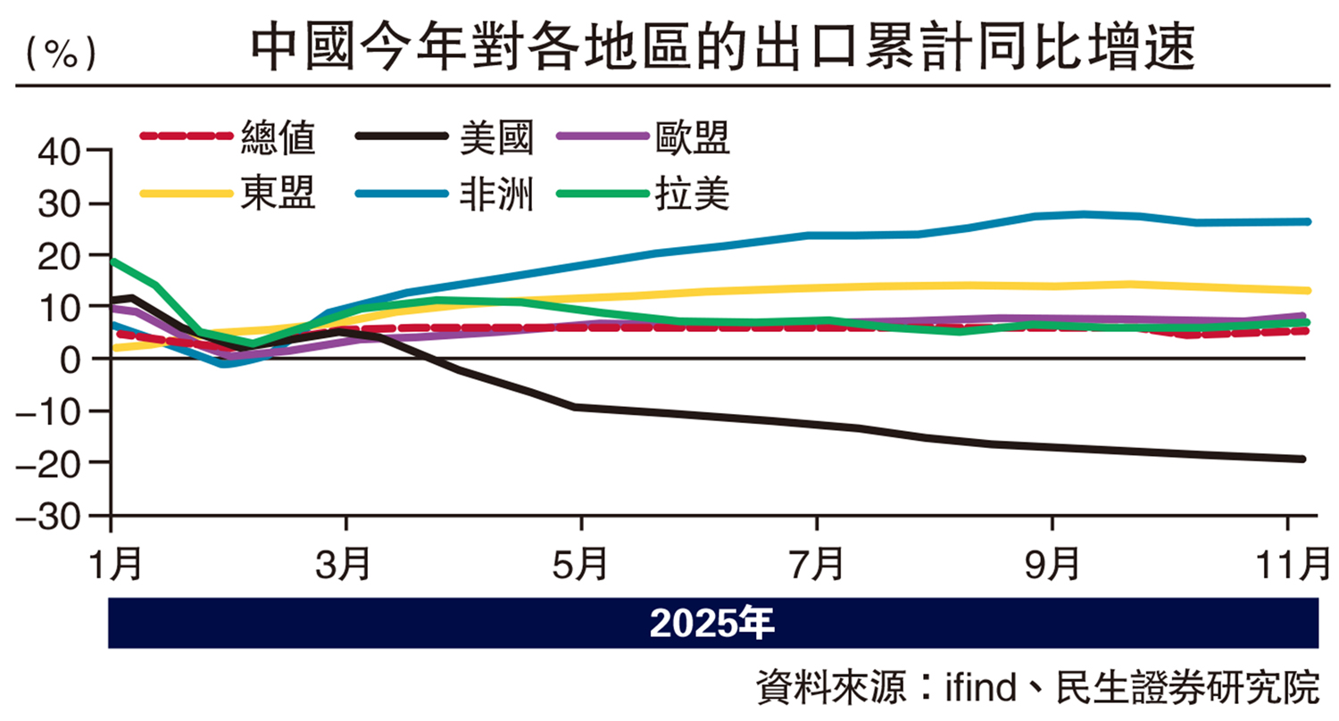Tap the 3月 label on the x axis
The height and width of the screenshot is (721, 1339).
pos(346,563)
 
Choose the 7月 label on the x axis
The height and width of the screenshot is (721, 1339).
pos(817,563)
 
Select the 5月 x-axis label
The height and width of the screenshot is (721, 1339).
pos(581,563)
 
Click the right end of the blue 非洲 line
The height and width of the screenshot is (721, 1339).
pos(1307,221)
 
